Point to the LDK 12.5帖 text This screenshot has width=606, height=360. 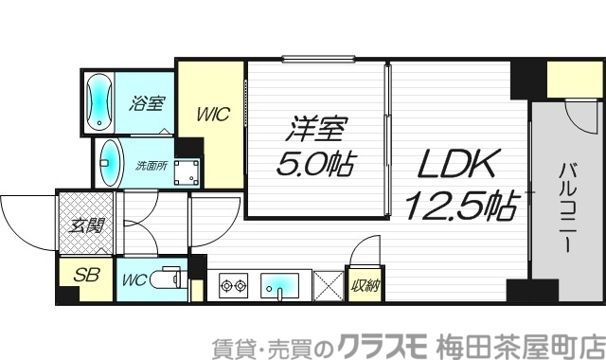(460, 183)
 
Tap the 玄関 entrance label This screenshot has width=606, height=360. (87, 226)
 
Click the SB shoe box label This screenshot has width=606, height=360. (87, 278)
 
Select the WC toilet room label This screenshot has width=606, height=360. (133, 280)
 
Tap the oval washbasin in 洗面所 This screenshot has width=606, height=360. (111, 164)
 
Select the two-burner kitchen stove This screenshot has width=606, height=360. (233, 284)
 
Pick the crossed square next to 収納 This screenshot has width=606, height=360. (328, 285)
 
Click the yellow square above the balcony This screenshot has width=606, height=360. (566, 79)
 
